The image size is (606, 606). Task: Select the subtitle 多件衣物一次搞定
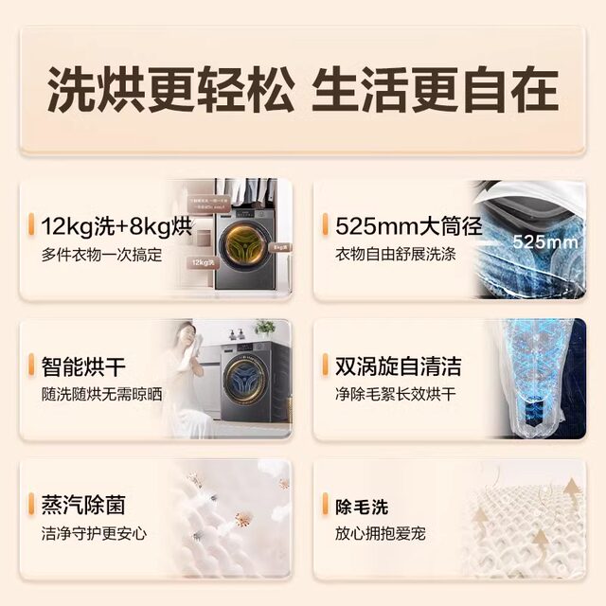101,255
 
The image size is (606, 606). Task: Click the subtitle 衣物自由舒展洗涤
396,255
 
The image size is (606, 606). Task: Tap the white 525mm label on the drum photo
544,241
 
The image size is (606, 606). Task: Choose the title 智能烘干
82,366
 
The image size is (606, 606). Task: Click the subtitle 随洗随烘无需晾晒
101,394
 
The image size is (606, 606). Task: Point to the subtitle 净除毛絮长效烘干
396,394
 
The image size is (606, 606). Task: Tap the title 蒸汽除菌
82,506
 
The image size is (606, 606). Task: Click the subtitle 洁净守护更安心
94,533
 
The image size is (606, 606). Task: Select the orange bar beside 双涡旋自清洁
327,366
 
